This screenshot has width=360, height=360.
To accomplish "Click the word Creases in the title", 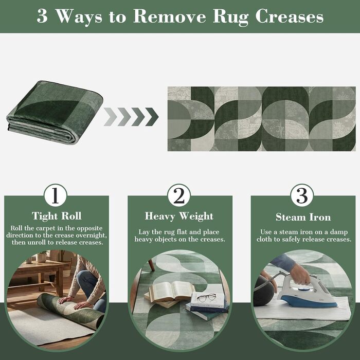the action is (x=289, y=16).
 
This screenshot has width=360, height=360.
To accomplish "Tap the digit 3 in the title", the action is (x=42, y=16).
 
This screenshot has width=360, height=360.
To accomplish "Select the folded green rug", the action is (x=55, y=112).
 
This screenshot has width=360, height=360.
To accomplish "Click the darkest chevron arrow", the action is (x=152, y=117).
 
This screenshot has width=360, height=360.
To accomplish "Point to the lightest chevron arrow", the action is (x=111, y=117).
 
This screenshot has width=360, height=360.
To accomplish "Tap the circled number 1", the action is (x=56, y=195).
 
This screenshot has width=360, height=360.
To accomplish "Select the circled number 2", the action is (x=179, y=195).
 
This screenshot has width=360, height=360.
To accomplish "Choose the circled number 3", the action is (x=302, y=195).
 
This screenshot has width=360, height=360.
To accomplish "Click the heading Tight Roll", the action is (x=57, y=216).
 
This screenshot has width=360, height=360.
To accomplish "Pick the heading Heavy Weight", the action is (x=179, y=217).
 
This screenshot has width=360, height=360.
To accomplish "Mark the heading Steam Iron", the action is (x=303, y=217).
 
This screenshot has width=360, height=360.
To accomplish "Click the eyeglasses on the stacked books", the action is (x=206, y=297).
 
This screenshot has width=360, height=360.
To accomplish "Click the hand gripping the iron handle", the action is (x=300, y=274).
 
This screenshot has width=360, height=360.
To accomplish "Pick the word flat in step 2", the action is (x=183, y=232).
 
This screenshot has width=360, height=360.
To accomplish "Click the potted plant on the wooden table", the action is (x=42, y=257).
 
